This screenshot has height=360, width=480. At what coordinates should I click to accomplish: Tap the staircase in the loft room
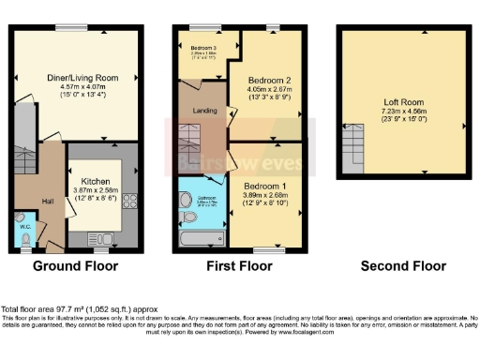tap(354, 148)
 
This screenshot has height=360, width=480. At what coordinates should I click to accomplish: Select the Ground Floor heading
tap(76, 267)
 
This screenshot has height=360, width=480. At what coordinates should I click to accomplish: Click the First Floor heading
tap(239, 267)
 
